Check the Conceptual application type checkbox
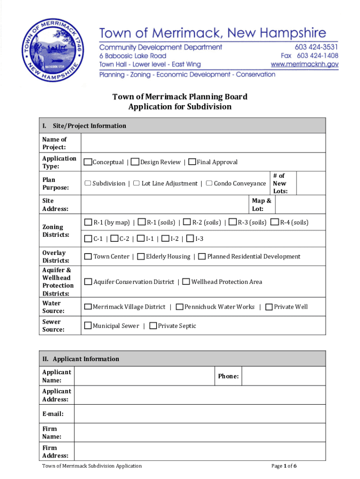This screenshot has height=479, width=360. [88, 162]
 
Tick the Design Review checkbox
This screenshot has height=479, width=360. [135, 162]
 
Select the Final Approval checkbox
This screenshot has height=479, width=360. [192, 162]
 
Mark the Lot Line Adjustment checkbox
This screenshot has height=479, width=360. [137, 183]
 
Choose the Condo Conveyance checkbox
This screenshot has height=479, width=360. [209, 183]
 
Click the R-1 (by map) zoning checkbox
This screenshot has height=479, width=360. [88, 222]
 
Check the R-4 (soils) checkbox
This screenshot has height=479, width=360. [275, 222]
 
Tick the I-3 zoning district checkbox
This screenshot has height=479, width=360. [190, 239]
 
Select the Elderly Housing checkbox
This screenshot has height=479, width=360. [141, 256]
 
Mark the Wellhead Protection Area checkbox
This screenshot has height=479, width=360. [186, 282]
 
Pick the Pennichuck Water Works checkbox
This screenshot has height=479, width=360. [180, 307]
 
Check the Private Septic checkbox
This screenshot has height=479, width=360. [153, 326]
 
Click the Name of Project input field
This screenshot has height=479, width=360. [203, 143]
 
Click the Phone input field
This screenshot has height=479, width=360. [283, 376]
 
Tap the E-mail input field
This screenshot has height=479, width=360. [200, 414]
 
